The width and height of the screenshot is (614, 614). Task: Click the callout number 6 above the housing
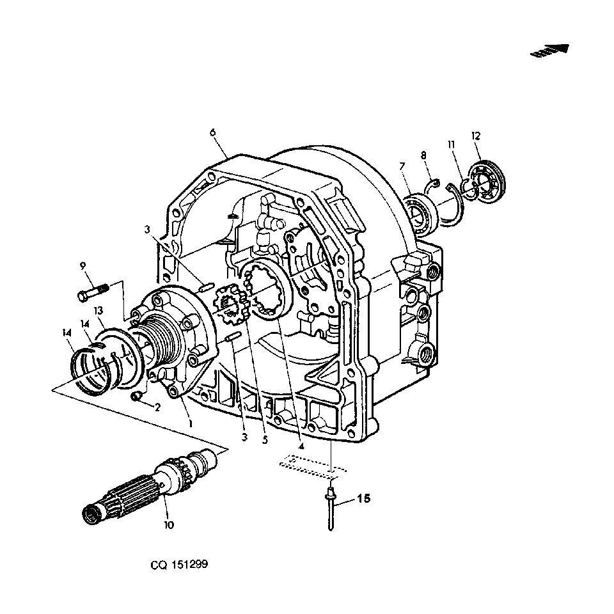click(212, 132)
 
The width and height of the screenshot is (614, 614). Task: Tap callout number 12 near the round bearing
click(476, 136)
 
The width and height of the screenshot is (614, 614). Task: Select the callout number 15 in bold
click(364, 498)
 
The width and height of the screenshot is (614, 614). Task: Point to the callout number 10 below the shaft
click(169, 524)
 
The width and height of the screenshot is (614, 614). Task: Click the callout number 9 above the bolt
click(83, 266)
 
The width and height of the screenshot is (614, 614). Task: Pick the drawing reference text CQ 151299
click(179, 564)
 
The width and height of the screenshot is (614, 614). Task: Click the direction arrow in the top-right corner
click(549, 51)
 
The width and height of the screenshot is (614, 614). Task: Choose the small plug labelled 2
click(136, 397)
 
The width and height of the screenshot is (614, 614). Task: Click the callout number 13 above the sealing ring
click(98, 311)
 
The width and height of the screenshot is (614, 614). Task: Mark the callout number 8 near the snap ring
click(423, 155)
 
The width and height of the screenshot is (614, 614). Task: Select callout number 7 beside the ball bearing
click(402, 167)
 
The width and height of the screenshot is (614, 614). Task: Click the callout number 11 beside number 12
click(452, 145)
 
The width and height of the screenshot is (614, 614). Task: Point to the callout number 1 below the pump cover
click(191, 423)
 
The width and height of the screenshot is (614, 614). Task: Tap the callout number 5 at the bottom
click(265, 440)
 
